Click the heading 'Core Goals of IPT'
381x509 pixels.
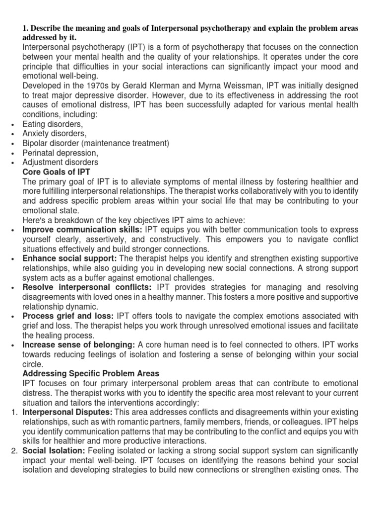[57, 172]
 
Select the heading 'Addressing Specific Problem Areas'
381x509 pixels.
[90, 373]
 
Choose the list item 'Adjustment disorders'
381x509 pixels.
[60, 163]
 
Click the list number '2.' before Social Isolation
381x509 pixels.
[14, 450]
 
